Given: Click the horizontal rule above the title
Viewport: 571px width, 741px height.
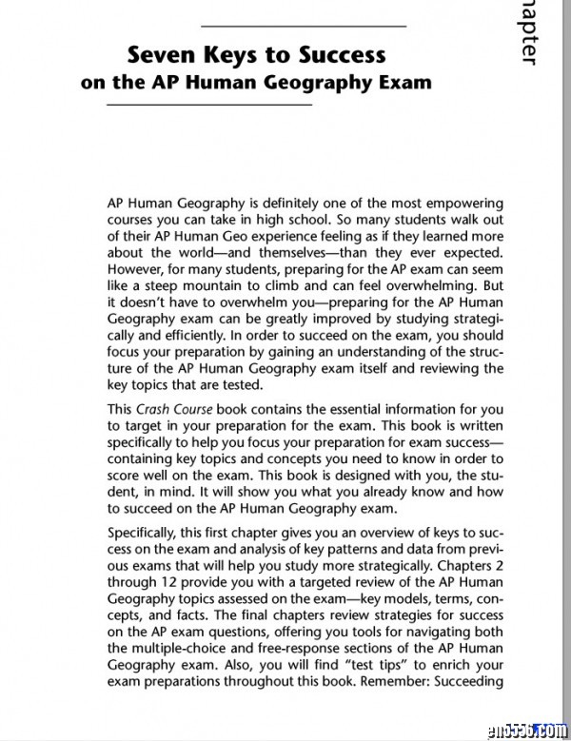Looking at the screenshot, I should pos(304,25).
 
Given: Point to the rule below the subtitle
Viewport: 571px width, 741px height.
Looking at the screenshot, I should pos(210,105).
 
